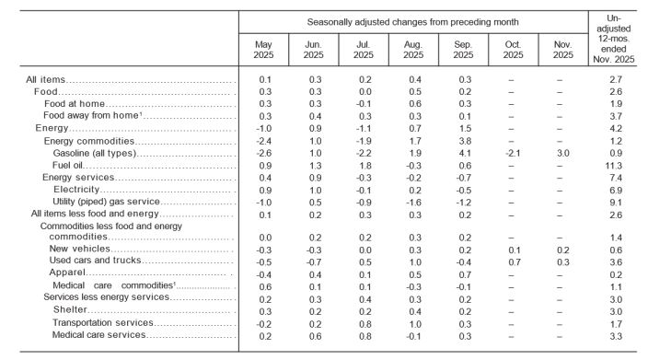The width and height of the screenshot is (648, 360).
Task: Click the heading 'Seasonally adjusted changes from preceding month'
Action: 412,20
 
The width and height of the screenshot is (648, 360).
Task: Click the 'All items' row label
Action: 45,80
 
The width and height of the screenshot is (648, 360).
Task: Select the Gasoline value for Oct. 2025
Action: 512,152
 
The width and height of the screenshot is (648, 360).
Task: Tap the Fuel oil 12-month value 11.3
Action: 619,164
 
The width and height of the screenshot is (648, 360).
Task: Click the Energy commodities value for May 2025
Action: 265,140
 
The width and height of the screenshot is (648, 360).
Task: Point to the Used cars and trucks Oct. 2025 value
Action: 512,261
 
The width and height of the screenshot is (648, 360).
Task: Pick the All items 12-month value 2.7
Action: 619,80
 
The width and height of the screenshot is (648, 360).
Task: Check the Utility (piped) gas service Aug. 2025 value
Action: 412,201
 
